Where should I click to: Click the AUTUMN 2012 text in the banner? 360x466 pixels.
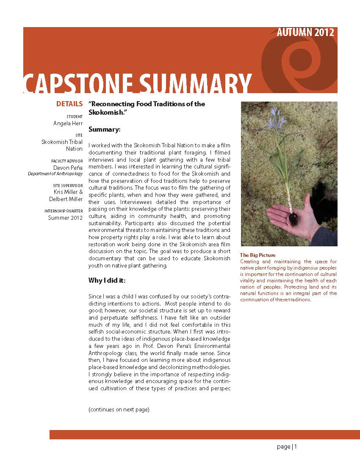(x=305, y=33)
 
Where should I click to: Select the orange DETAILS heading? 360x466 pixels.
(x=69, y=104)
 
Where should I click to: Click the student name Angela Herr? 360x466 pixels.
(x=68, y=123)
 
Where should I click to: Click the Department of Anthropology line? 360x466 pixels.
(x=55, y=174)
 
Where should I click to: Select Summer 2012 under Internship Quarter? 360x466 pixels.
(x=65, y=218)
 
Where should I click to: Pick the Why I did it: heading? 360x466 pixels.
(x=107, y=281)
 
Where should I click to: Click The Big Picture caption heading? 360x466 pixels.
(x=258, y=255)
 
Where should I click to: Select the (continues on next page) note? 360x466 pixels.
(x=119, y=410)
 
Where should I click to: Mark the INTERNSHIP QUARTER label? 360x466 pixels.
(x=64, y=211)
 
